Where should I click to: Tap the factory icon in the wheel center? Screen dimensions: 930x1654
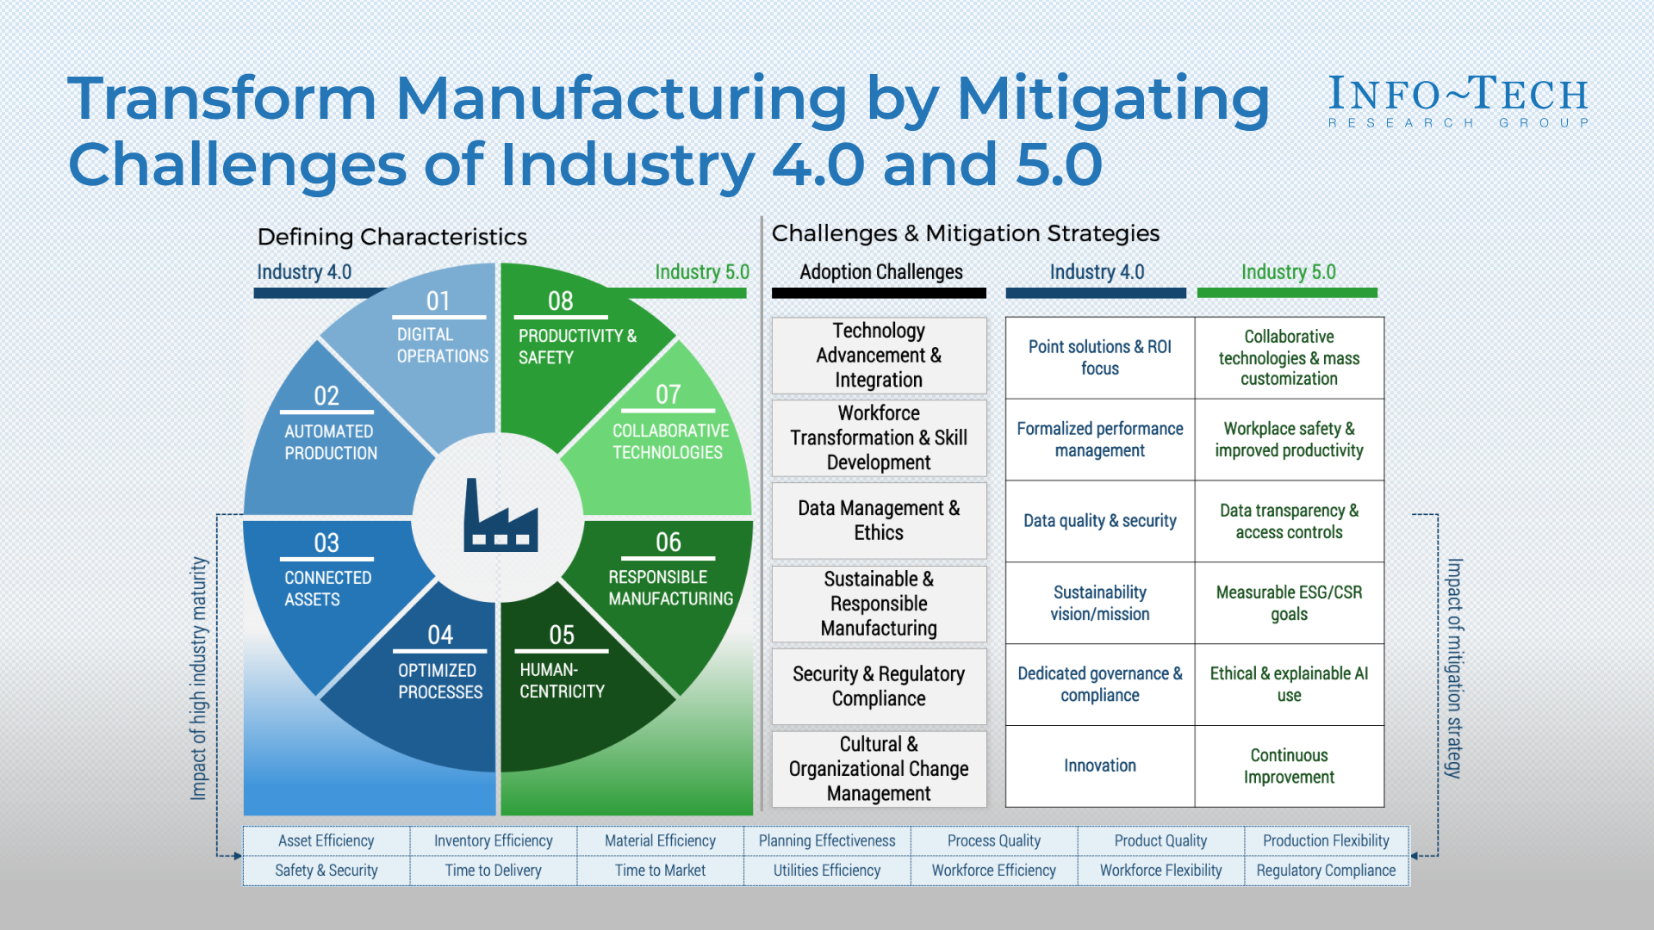(501, 517)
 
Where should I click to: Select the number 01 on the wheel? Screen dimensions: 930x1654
(438, 301)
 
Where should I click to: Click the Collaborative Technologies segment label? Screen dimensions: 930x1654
(669, 441)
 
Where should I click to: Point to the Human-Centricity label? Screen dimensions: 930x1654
(562, 680)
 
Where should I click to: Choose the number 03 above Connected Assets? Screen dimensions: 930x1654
(326, 543)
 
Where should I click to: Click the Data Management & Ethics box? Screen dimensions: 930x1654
(879, 520)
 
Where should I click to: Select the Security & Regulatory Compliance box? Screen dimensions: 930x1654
(879, 686)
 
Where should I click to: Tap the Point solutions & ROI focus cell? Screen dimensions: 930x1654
(1099, 357)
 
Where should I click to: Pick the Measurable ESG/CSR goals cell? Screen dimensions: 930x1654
(1289, 603)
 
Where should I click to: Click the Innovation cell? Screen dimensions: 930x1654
(1099, 766)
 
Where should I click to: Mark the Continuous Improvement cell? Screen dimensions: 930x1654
(1289, 766)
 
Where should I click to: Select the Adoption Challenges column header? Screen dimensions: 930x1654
(880, 272)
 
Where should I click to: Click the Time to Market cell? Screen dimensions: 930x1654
(660, 871)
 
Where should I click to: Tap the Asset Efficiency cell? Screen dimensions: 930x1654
(326, 840)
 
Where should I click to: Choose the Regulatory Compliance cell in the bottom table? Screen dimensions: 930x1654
(1326, 871)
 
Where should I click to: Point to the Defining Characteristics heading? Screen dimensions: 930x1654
(392, 237)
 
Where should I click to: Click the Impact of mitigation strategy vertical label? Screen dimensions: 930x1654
(1454, 668)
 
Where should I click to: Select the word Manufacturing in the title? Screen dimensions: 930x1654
(621, 98)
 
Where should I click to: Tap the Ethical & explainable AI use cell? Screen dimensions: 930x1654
(1289, 684)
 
